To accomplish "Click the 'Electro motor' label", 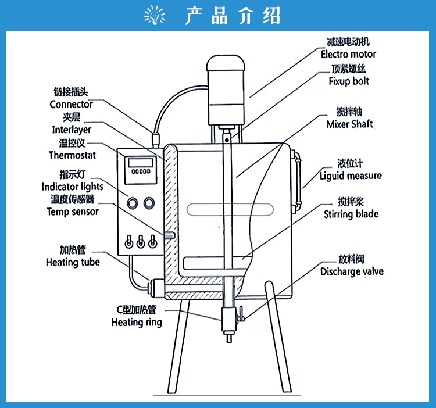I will tap(348, 54).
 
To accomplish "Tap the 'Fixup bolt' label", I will tap(349, 81).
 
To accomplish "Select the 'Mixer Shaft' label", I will tap(350, 124).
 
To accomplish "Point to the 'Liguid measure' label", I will tap(351, 176).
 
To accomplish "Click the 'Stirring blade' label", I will tap(351, 214).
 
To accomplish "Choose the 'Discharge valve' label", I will tap(352, 271).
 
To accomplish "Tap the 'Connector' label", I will tap(71, 105).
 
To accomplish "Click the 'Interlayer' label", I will tap(72, 130).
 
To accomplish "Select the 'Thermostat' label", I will tap(72, 155).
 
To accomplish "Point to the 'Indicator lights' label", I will tap(72, 187).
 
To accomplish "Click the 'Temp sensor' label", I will tap(73, 212).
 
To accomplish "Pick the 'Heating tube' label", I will tap(73, 262).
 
